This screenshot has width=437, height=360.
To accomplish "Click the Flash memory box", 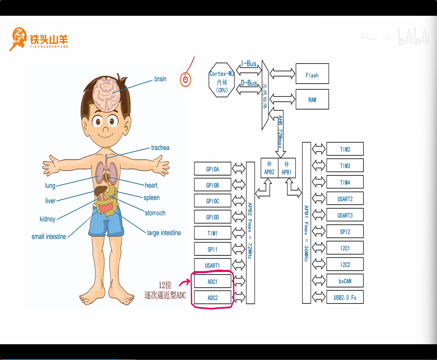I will pos(312,74).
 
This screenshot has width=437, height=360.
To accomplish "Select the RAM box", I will pos(312,99).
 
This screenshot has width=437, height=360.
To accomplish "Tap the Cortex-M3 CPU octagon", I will pos(222,80).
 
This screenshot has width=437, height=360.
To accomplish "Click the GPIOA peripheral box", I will pos(213,169).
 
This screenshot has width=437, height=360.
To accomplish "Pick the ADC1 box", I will pos(213,281).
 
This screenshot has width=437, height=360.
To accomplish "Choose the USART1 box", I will pos(213,265).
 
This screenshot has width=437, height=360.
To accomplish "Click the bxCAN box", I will pos(345,281).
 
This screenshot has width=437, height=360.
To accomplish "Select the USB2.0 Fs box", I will pos(345,297).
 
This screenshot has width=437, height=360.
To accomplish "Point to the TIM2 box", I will pos(345,149).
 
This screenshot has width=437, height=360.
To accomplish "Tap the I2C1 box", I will pos(345,248).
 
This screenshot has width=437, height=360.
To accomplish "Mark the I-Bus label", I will pos(249,64).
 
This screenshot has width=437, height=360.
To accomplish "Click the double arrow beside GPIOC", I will pos(239,201).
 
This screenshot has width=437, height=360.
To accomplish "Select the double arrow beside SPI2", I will pos(319,231).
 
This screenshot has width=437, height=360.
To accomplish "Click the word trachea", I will pos(160,148).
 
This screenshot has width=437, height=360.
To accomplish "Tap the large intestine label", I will pos(164,233).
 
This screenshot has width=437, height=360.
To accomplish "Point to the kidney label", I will pos(48,219).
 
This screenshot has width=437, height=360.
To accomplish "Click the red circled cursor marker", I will pos(186,80).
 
